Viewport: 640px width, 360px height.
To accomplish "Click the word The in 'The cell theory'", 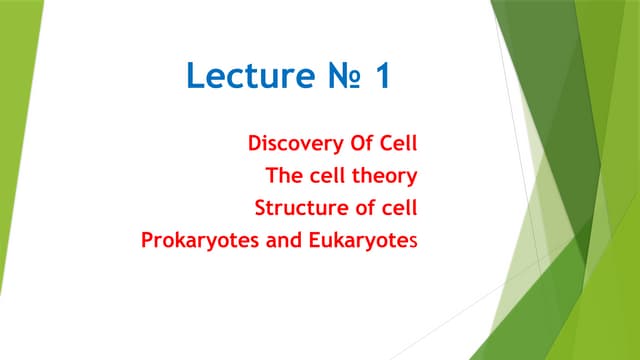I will [x=283, y=176].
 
